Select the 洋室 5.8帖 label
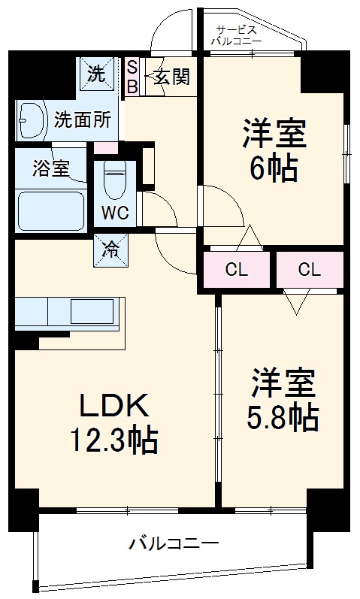pyautogui.click(x=282, y=398)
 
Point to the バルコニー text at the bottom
pyautogui.click(x=174, y=542)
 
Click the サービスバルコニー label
pyautogui.click(x=237, y=35)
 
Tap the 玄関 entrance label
pyautogui.click(x=171, y=77)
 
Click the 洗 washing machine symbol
pyautogui.click(x=98, y=74)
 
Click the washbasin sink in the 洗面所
pyautogui.click(x=32, y=119)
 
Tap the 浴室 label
pyautogui.click(x=50, y=169)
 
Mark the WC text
pyautogui.click(x=115, y=212)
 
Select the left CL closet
pyautogui.click(x=234, y=269)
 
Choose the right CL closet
pyautogui.click(x=309, y=269)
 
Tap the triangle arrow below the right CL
pyautogui.click(x=298, y=302)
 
